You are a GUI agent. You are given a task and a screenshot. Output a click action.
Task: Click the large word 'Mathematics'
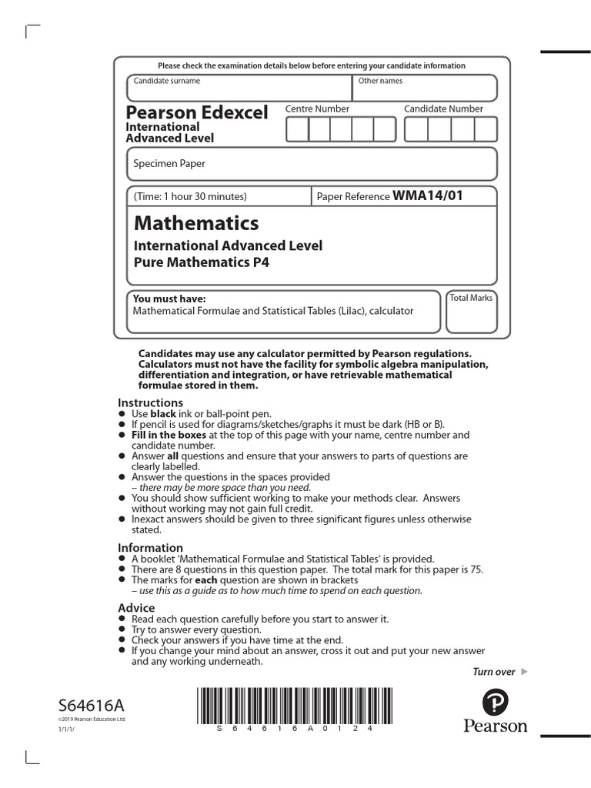click(196, 223)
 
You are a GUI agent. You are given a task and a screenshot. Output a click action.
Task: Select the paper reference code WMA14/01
click(428, 195)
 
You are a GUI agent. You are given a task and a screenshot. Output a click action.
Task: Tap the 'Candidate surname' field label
click(167, 81)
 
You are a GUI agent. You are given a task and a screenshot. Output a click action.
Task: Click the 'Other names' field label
click(380, 81)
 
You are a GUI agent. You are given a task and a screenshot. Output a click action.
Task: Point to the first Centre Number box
click(297, 130)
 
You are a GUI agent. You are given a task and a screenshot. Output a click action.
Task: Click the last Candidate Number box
click(486, 130)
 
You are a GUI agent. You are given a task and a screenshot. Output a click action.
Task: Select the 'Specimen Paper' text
click(169, 163)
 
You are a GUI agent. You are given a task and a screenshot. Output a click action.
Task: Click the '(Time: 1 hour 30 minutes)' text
click(190, 196)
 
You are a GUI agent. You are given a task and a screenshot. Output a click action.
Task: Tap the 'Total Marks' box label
click(471, 298)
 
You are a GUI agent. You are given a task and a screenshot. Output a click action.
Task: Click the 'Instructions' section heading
click(150, 402)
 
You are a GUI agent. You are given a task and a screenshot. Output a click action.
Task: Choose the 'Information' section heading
click(150, 548)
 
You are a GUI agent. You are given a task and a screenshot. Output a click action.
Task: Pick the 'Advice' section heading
click(136, 608)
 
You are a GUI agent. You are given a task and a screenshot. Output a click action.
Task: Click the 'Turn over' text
click(493, 672)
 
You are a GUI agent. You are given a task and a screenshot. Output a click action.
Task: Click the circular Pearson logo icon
click(495, 703)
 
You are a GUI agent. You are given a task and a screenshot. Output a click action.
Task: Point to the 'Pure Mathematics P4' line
click(202, 262)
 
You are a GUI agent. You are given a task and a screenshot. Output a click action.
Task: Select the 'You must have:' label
click(169, 299)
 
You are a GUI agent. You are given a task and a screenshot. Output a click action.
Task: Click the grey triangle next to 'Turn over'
click(525, 672)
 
